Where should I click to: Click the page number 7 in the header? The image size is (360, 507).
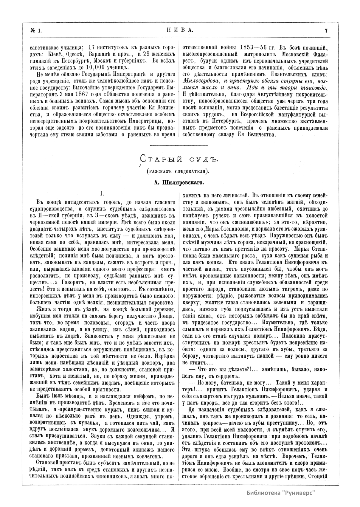point(326,30)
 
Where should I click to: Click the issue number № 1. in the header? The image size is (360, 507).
point(37,30)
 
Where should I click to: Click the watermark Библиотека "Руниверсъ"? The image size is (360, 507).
point(281,492)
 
